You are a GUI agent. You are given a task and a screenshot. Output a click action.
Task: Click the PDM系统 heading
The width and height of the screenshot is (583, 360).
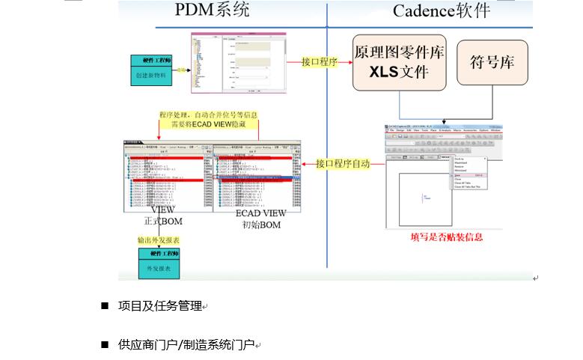pyautogui.click(x=213, y=10)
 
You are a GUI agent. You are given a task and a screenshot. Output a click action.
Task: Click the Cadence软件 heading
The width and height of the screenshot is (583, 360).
pyautogui.click(x=442, y=10)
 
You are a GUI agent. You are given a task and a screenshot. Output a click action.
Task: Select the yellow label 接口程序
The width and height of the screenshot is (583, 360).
pyautogui.click(x=319, y=62)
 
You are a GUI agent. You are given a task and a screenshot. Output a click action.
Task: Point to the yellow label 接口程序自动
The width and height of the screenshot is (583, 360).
pyautogui.click(x=342, y=163)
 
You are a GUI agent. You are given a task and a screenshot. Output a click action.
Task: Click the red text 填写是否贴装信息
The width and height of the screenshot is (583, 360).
pyautogui.click(x=446, y=237)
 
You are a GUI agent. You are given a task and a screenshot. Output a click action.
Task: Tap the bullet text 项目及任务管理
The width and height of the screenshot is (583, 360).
pyautogui.click(x=160, y=305)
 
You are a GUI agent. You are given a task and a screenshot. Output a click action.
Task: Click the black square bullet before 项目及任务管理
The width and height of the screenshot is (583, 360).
pyautogui.click(x=105, y=305)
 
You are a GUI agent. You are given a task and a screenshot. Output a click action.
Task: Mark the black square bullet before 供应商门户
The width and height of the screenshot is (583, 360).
pyautogui.click(x=105, y=344)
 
